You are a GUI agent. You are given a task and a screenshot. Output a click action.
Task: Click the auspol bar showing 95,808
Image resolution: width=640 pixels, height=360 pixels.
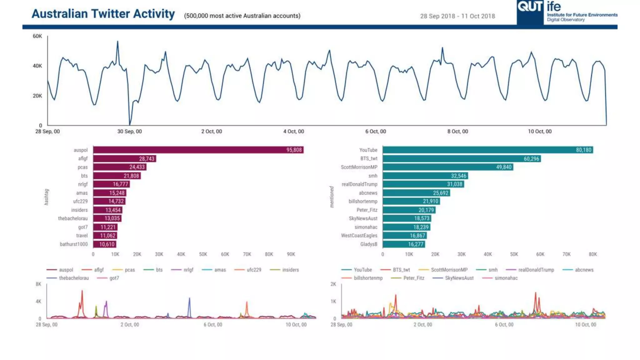tap(198, 150)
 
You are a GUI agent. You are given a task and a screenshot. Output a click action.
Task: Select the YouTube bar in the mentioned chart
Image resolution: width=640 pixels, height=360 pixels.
tap(487, 150)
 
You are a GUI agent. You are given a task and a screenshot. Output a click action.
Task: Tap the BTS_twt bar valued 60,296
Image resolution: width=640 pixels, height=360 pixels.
tap(462, 159)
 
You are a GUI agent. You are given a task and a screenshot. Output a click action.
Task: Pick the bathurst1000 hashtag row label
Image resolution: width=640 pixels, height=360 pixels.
tap(74, 244)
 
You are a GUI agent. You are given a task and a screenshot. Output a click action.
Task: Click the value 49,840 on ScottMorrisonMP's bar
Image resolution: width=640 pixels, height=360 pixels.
tap(504, 167)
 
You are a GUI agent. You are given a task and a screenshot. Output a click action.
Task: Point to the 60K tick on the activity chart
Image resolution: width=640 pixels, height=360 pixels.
tap(37, 36)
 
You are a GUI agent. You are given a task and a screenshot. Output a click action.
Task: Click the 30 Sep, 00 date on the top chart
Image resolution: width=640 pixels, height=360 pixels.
tap(129, 132)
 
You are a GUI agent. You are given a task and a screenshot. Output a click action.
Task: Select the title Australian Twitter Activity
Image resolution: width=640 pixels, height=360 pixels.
tap(103, 14)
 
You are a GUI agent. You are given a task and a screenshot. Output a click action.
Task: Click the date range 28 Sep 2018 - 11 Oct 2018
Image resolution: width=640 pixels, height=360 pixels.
tap(457, 16)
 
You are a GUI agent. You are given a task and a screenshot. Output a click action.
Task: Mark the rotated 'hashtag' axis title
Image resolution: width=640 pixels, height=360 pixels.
tap(47, 197)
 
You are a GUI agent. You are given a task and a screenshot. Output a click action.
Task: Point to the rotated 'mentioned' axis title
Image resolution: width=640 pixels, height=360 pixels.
tap(332, 197)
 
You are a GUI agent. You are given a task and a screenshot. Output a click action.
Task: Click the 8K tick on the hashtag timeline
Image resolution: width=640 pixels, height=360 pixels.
tap(38, 284)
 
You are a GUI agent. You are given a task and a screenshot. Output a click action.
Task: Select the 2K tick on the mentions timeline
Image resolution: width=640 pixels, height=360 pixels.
tap(333, 284)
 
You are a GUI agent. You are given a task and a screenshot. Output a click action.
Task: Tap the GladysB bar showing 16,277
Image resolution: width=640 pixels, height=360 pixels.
tap(404, 244)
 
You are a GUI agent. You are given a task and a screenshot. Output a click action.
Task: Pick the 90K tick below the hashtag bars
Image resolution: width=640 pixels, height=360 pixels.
tap(291, 254)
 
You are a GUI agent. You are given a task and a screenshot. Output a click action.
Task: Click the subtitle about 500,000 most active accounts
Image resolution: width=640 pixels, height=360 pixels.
tap(242, 16)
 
